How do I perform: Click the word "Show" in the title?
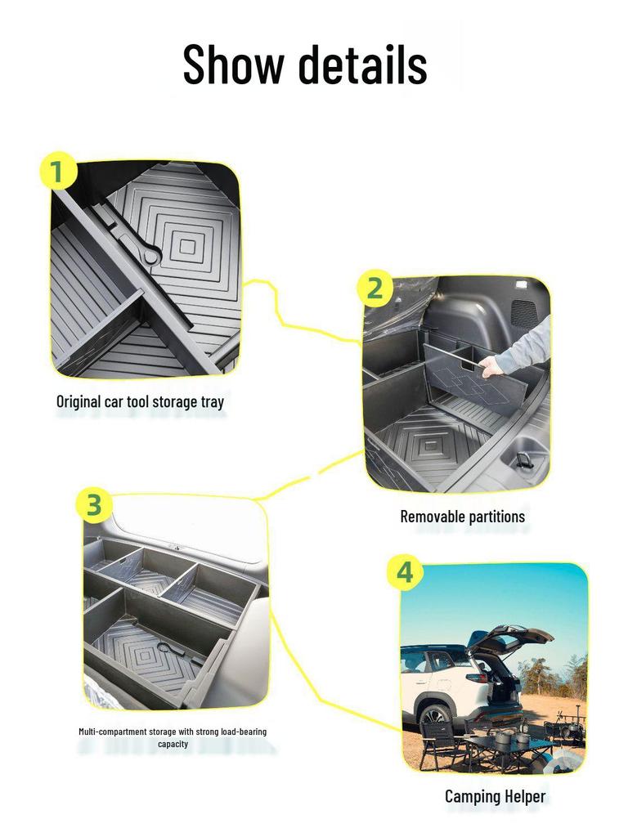pos(232,64)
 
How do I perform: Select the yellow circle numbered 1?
pos(56,172)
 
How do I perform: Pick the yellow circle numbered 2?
pos(374,289)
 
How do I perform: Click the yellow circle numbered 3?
pos(94,505)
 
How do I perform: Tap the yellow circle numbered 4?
pos(404,574)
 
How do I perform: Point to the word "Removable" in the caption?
pos(432,517)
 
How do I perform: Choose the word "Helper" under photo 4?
pos(527,796)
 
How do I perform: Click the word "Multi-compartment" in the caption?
pos(114,732)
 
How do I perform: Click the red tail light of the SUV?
pos(482,678)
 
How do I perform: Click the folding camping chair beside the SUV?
pos(437,740)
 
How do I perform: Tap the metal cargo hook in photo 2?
pos(523,459)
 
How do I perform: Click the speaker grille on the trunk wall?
pos(523,311)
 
